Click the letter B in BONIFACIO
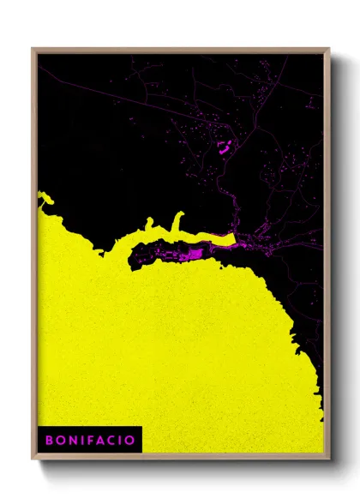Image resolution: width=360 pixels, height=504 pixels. click(49, 440)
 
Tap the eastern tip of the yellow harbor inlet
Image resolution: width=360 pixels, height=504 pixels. click(233, 239)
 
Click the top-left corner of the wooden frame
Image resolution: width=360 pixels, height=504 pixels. click(33, 49)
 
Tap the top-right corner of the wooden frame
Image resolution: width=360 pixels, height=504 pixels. click(329, 49)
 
